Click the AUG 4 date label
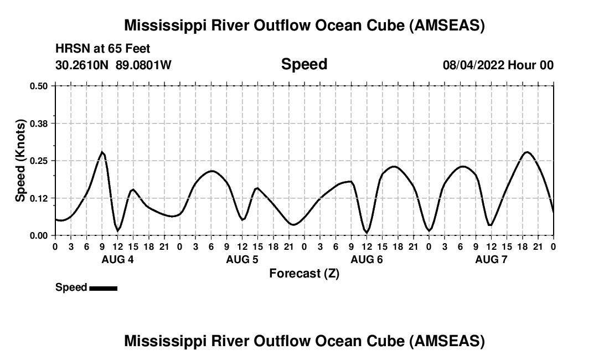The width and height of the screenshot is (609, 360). [117, 260]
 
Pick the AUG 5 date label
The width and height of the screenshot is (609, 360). [242, 260]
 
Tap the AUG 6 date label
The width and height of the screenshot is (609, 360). [367, 260]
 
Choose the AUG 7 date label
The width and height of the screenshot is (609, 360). [491, 260]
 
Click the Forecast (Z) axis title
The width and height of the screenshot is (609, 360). [304, 274]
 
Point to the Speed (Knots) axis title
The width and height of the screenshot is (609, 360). [20, 161]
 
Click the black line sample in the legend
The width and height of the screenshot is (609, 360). [103, 288]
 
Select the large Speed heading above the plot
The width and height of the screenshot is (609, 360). [304, 64]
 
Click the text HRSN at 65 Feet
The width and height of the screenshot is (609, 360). [103, 49]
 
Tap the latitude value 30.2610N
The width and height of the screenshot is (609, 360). [83, 65]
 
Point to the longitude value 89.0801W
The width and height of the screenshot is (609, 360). [143, 65]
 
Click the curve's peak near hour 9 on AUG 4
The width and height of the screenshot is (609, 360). [102, 152]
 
